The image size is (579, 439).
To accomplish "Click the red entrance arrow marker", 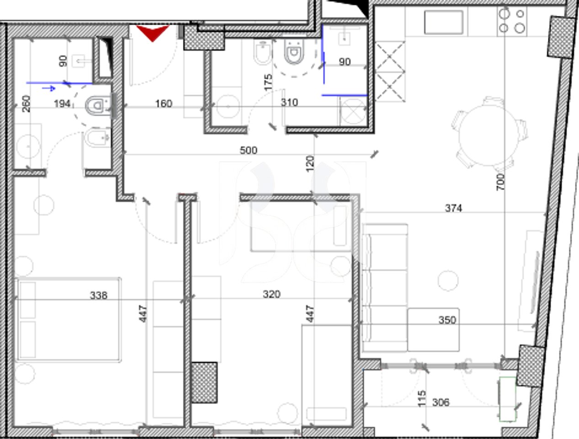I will pyautogui.click(x=153, y=33).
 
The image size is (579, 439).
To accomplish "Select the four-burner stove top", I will pyautogui.click(x=512, y=21).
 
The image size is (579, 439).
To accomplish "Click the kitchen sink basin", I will pyautogui.click(x=444, y=22).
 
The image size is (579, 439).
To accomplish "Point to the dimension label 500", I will pyautogui.click(x=249, y=150).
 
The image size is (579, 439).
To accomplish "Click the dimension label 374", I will pyautogui.click(x=453, y=208).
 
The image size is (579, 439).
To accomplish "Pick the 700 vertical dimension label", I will pyautogui.click(x=501, y=182).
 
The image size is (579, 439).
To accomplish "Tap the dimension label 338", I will pyautogui.click(x=99, y=295).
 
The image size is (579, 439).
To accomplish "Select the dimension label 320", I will pyautogui.click(x=271, y=294).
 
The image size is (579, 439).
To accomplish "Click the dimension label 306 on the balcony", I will pyautogui.click(x=441, y=402).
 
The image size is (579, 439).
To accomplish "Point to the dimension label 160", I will pyautogui.click(x=164, y=104).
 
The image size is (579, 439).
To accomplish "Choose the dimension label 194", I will pyautogui.click(x=62, y=104).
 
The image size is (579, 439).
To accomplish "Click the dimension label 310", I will pyautogui.click(x=289, y=102).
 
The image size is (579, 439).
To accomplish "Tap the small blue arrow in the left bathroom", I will pyautogui.click(x=49, y=88).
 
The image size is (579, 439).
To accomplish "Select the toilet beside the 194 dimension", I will pyautogui.click(x=97, y=106).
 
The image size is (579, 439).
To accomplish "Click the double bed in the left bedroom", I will pyautogui.click(x=69, y=319).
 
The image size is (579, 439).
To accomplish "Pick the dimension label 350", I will pyautogui.click(x=447, y=320).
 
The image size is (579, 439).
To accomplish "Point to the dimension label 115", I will pyautogui.click(x=422, y=398).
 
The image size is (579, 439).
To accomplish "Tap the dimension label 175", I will pyautogui.click(x=268, y=81).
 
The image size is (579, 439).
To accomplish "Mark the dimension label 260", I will pyautogui.click(x=26, y=103).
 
